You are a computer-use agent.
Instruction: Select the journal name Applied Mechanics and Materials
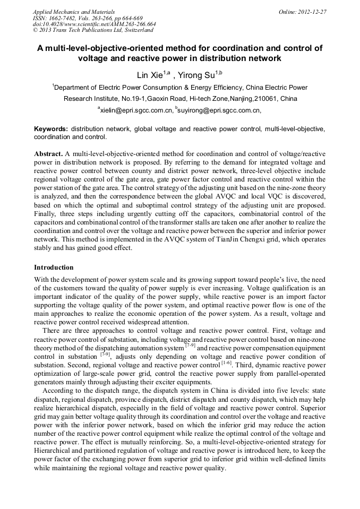click(73, 12)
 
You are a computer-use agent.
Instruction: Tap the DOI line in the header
click(94, 24)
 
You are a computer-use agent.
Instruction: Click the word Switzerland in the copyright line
click(136, 30)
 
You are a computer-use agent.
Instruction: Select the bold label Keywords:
click(51, 129)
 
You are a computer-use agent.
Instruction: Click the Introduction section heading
click(54, 267)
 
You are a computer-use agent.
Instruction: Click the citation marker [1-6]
click(228, 364)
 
